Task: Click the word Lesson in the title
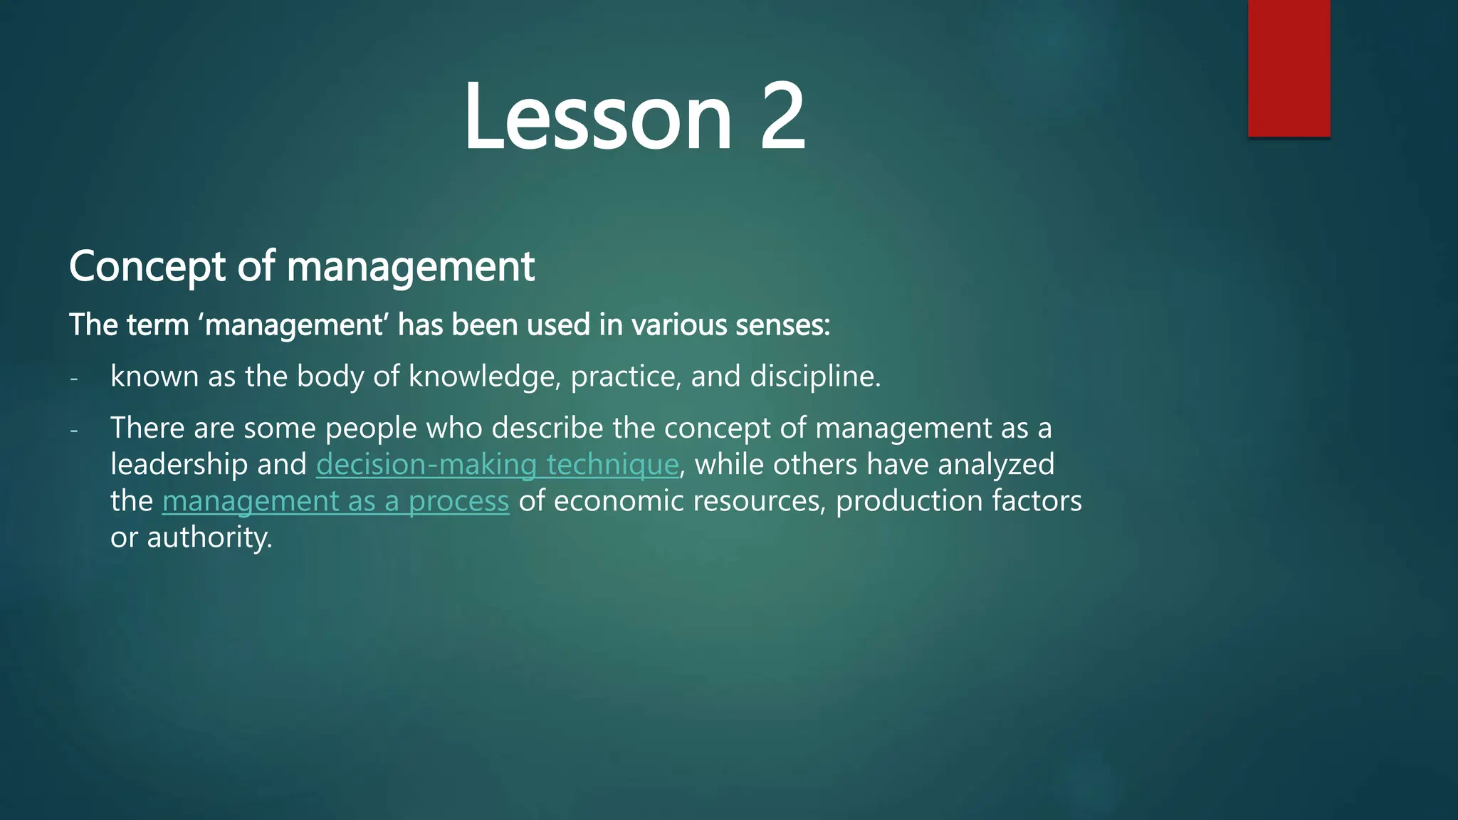click(597, 117)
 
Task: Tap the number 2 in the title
click(782, 117)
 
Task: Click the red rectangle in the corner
click(1289, 68)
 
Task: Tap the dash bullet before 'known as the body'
click(74, 378)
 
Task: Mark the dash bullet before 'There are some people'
click(74, 429)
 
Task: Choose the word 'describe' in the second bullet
click(547, 429)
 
